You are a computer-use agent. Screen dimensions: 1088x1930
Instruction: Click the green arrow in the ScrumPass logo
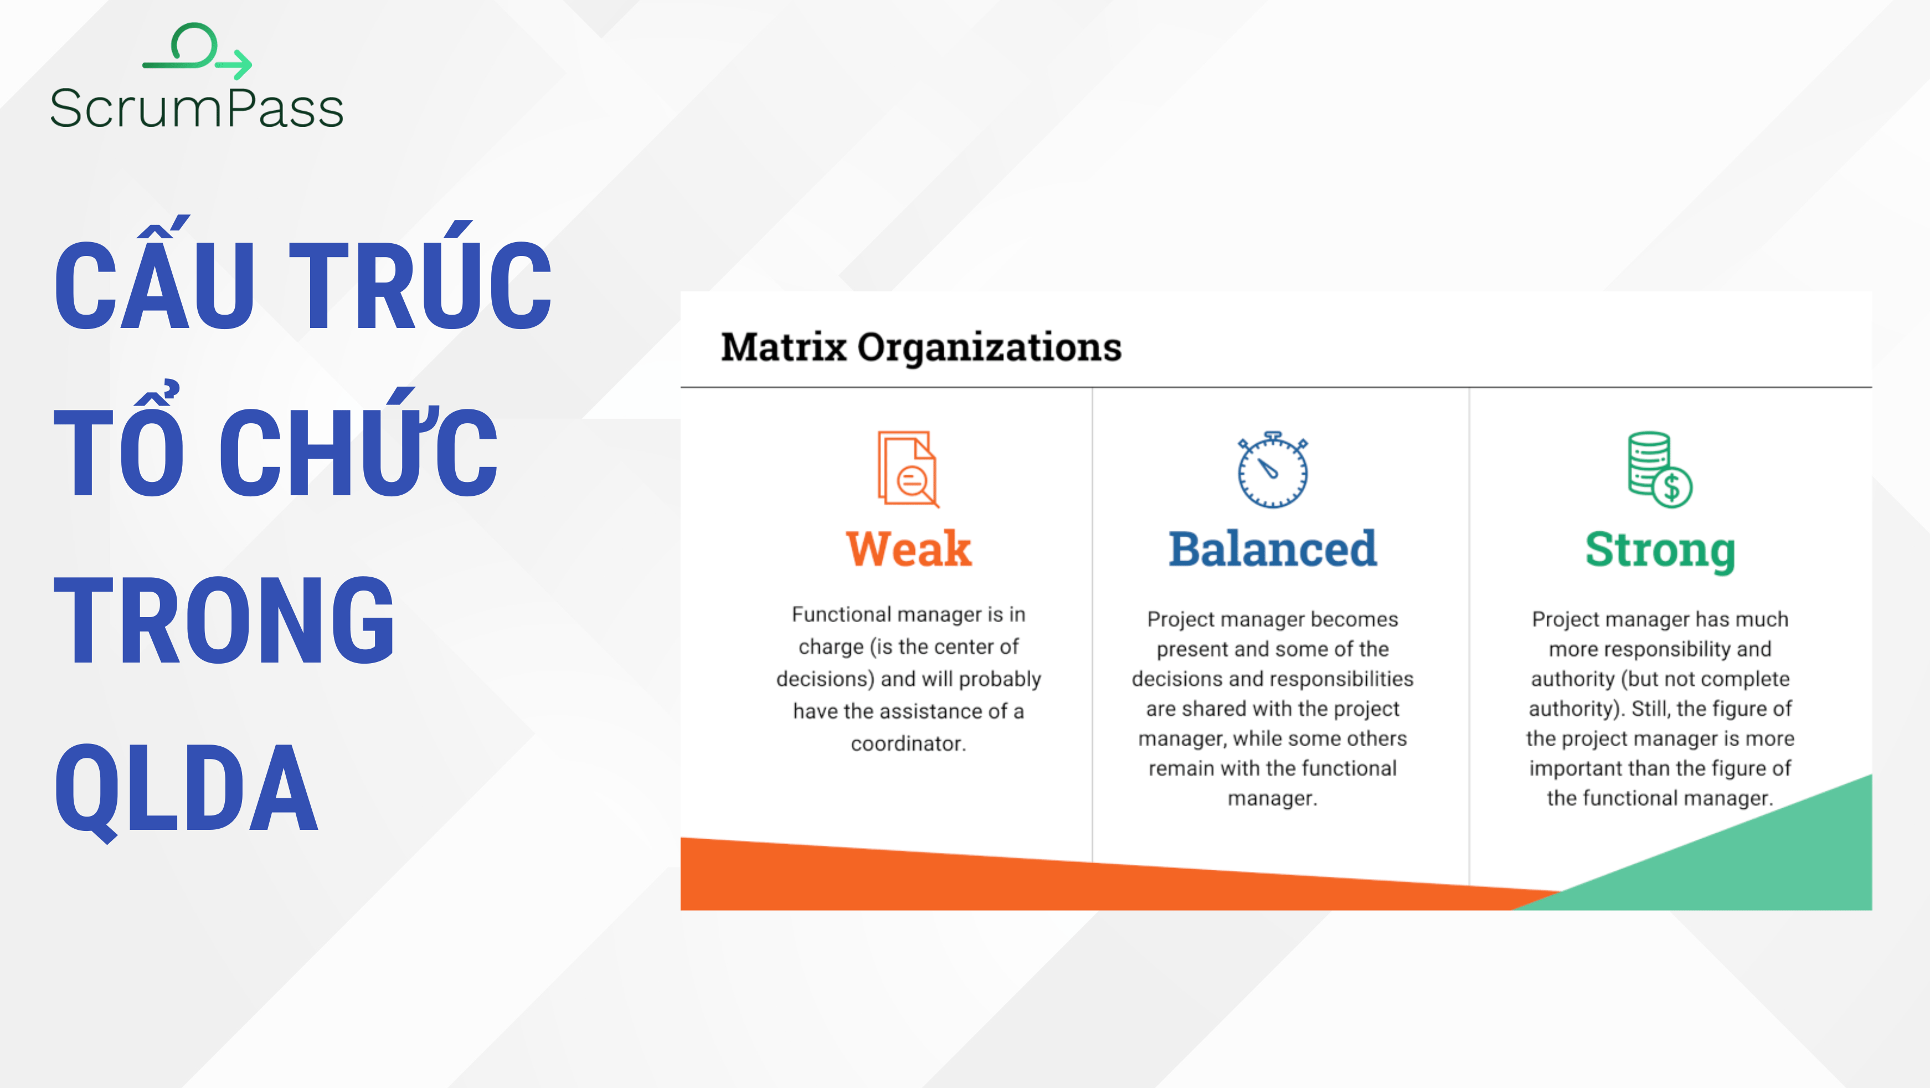coord(234,64)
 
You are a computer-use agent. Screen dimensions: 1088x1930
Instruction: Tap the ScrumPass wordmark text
coord(196,109)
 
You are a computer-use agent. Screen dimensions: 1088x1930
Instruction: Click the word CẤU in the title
coord(153,285)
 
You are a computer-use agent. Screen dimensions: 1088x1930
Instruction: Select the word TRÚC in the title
coord(420,285)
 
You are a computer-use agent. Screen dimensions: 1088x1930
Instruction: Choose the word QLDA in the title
coord(187,788)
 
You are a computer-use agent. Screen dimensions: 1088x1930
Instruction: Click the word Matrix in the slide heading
coord(784,347)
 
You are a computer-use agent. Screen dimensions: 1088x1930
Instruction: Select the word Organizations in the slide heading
coord(989,347)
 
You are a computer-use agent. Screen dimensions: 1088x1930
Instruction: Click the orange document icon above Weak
coord(907,470)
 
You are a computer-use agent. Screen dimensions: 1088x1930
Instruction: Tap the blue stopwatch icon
coord(1272,470)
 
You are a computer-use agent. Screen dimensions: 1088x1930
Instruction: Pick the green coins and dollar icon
coord(1659,470)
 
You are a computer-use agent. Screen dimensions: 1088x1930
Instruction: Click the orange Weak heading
coord(908,549)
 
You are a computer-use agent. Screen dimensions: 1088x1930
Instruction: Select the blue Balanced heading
coord(1272,549)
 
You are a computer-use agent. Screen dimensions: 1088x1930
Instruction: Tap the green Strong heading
coord(1660,551)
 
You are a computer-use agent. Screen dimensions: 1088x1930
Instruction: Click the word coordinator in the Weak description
coord(908,743)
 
